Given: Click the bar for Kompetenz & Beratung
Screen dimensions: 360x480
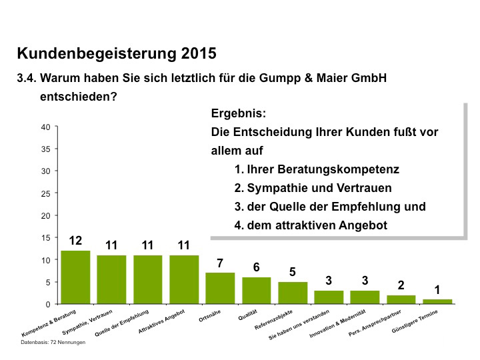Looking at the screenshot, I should pos(75,277).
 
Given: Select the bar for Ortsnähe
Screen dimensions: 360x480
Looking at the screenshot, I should pos(220,288).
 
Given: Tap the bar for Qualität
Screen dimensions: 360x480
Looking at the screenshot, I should pos(256,291).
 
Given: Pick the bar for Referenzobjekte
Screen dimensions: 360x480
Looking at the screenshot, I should pos(293,293).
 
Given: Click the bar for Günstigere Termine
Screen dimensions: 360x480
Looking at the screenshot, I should pos(438,301).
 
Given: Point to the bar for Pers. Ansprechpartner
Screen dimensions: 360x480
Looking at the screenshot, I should pos(401,299).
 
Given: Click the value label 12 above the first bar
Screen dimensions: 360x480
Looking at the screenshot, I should pos(75,241).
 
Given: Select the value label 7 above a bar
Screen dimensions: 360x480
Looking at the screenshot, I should pos(220,263).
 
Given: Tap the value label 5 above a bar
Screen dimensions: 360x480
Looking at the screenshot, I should pos(293,272).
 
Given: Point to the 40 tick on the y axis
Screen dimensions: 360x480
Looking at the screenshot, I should pos(46,127).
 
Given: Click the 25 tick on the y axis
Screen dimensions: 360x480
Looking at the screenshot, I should pos(46,193).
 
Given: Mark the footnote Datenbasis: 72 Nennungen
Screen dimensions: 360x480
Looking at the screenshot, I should pos(53,342).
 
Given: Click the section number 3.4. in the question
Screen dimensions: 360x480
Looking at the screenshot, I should pos(27,78).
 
